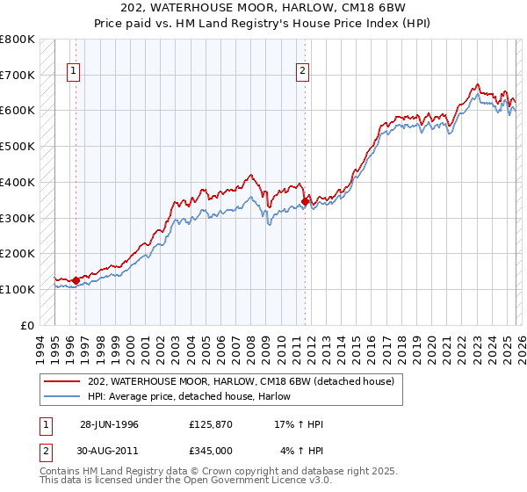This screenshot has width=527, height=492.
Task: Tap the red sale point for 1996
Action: (76, 280)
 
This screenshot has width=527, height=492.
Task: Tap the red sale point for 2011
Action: (305, 201)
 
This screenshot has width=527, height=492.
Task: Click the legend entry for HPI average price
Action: (189, 396)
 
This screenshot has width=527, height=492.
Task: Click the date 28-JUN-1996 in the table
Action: (109, 424)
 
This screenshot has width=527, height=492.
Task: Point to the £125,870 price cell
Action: (211, 424)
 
